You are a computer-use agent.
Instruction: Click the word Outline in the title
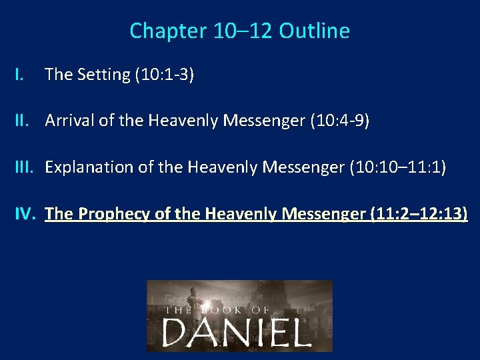click(315, 31)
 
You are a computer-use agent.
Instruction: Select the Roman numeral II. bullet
click(25, 121)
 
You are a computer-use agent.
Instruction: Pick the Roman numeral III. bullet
click(27, 167)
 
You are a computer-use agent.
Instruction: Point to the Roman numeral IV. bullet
click(27, 213)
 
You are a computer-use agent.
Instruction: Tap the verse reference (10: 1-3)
click(165, 75)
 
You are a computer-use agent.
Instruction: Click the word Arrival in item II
click(69, 121)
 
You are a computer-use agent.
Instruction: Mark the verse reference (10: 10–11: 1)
click(398, 167)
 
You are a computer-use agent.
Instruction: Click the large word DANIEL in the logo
click(237, 331)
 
